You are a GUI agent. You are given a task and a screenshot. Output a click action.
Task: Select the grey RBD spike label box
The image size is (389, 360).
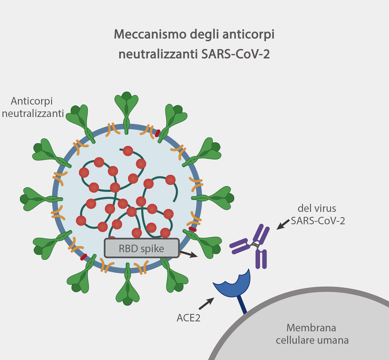point(142,248)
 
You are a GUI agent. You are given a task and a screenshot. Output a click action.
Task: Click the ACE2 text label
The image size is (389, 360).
point(188,318)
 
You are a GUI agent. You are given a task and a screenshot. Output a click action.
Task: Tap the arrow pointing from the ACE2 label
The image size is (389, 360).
point(207,304)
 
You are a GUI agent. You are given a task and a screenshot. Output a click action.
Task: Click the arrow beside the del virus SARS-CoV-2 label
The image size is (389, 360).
point(283,224)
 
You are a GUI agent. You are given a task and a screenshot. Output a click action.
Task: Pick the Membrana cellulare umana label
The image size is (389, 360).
point(312,334)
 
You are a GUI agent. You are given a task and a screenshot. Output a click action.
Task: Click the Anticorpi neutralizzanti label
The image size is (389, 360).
point(33,107)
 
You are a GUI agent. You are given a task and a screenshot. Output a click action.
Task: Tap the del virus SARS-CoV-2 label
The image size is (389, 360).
point(317,214)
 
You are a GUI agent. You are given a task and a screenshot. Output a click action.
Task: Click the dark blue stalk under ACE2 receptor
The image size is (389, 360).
point(242,305)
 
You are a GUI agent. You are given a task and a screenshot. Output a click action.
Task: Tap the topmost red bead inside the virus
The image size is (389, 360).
point(128,151)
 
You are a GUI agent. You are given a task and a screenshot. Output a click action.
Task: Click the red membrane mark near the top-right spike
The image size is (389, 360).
point(157,133)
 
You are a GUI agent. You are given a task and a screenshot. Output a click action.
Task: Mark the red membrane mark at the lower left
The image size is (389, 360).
point(84,257)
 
